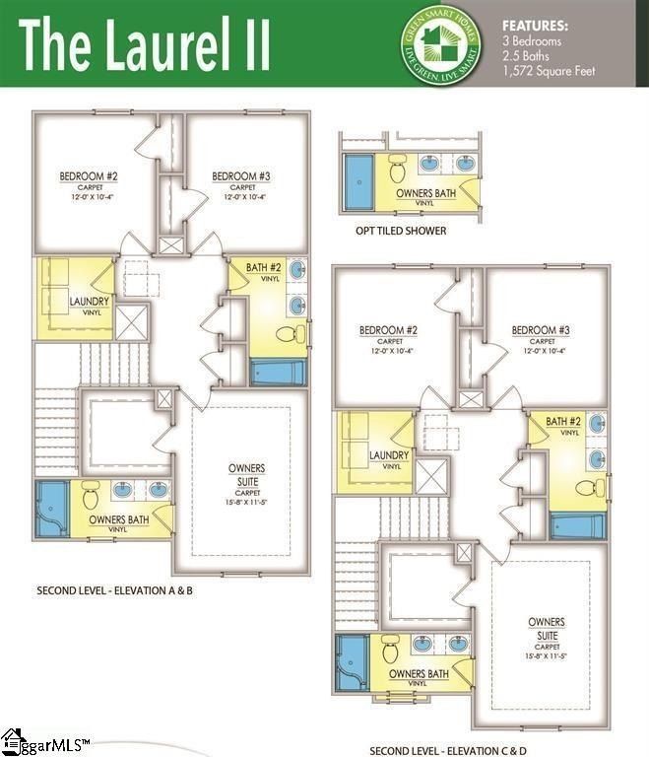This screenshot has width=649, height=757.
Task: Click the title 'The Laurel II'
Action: (x=146, y=44)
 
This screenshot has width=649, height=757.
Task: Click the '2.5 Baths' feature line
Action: (x=527, y=56)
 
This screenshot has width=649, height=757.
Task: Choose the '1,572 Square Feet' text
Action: (x=550, y=71)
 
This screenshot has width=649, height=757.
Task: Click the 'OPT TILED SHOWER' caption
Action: (x=401, y=231)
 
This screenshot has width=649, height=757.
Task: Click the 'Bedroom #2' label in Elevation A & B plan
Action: (x=89, y=176)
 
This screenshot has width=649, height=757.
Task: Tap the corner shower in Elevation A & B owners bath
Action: (x=50, y=508)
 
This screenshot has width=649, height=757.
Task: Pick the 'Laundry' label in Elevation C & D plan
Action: (x=389, y=455)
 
